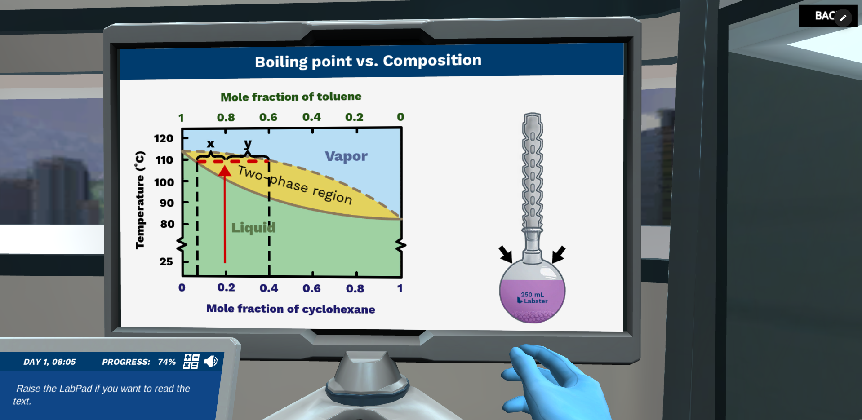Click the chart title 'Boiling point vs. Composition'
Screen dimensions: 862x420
[368, 61]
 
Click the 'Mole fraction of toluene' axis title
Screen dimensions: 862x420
[291, 97]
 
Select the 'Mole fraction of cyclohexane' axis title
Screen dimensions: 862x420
[290, 309]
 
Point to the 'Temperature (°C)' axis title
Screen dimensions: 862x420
[140, 200]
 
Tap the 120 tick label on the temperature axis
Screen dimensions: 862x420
[164, 138]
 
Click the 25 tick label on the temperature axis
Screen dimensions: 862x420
[166, 261]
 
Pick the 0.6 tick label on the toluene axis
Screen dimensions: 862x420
[268, 117]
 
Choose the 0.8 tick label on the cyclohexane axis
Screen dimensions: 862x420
[355, 288]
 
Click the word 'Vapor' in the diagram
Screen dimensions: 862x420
[346, 156]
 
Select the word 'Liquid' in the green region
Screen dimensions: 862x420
[253, 227]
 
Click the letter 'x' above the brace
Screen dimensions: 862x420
[210, 144]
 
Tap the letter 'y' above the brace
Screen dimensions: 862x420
[248, 144]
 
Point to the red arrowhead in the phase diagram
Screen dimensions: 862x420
[225, 170]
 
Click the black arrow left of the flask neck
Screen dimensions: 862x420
[506, 254]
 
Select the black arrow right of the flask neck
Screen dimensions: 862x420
[558, 254]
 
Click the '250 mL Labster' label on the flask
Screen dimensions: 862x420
[533, 298]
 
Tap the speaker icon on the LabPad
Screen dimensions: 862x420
[210, 361]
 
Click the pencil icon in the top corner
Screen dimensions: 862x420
[843, 18]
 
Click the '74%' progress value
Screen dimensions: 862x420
[167, 362]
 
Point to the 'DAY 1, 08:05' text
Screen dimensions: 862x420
[49, 362]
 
